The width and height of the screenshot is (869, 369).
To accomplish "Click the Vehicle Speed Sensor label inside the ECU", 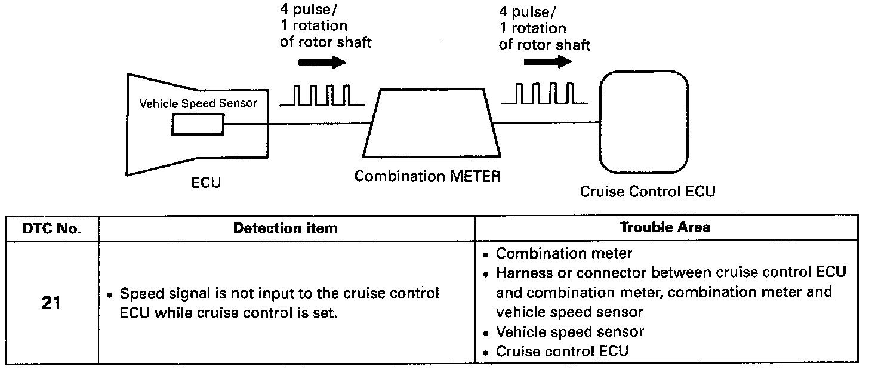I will pos(198,103).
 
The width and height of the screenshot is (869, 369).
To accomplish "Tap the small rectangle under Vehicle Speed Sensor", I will pos(198,125).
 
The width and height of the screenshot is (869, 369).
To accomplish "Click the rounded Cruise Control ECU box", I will pos(644,122).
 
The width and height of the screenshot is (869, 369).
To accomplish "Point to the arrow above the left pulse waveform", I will pos(322,62).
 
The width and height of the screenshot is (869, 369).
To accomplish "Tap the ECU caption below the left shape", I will pos(206,183).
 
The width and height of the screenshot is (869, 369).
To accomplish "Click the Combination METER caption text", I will pos(427,177).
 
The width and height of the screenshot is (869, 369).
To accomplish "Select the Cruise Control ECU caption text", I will pos(648,192).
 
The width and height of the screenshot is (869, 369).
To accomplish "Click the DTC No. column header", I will pos(52,228).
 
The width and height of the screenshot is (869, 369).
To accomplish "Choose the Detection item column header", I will pos(285,228).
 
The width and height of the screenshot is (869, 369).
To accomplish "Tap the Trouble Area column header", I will pos(665,227).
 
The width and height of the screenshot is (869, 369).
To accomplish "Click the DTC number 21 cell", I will pos(51,303).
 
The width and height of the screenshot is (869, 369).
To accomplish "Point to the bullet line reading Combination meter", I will pos(563,254).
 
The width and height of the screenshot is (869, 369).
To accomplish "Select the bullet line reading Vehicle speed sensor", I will pos(569,332).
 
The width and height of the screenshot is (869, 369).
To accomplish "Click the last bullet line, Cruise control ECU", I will pos(562,351).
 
